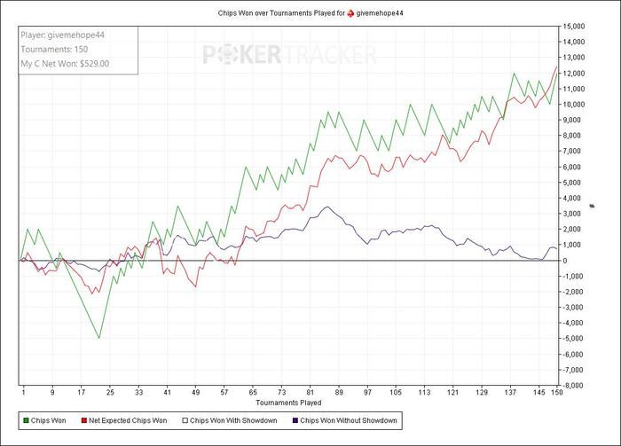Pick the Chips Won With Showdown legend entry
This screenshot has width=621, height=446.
tap(235, 420)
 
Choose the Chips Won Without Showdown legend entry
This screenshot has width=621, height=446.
tap(349, 420)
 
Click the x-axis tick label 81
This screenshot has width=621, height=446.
tap(310, 391)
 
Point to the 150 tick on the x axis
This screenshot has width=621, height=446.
tap(556, 391)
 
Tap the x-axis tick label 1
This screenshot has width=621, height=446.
tap(23, 391)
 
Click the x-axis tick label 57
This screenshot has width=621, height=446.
tap(224, 391)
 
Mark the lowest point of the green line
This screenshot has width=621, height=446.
tap(99, 338)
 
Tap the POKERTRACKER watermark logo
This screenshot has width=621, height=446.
tap(290, 55)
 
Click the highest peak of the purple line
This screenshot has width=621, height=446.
tap(327, 207)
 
